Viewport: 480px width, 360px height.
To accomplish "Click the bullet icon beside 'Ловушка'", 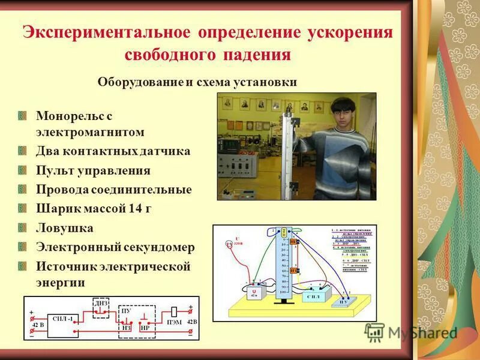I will coord(23,228).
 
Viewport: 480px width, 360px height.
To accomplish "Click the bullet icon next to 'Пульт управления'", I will coord(23,170).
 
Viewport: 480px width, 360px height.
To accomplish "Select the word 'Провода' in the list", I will coord(62,190).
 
